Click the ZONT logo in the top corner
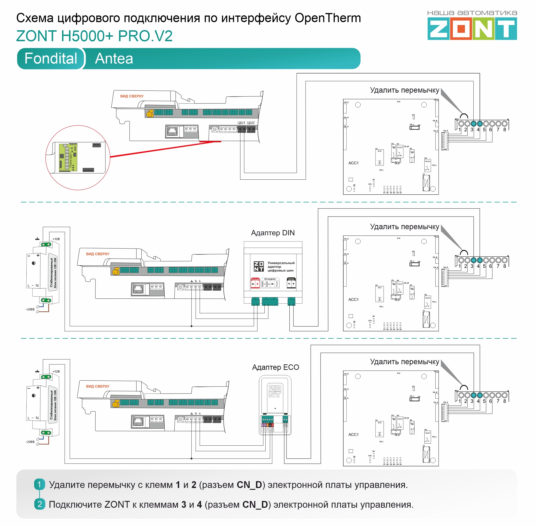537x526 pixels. tap(472, 28)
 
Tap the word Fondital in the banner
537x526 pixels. tap(51, 58)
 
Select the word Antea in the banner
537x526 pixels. tap(114, 58)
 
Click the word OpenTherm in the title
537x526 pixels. tap(328, 18)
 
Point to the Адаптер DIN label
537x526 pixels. tap(273, 233)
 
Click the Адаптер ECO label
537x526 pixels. tap(275, 367)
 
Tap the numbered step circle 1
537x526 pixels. tap(40, 484)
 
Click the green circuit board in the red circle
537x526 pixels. tap(68, 158)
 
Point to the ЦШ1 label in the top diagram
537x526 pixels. tap(241, 123)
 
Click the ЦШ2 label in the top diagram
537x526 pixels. tap(251, 123)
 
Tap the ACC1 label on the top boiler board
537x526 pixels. tap(353, 163)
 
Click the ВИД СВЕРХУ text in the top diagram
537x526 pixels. tap(132, 96)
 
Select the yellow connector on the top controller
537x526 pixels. tap(150, 113)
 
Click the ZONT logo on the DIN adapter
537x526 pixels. tap(258, 267)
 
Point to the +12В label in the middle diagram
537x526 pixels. tap(56, 239)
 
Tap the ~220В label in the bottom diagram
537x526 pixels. tap(30, 442)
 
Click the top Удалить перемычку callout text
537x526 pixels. tap(404, 90)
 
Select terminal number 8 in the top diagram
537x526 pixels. tap(504, 130)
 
